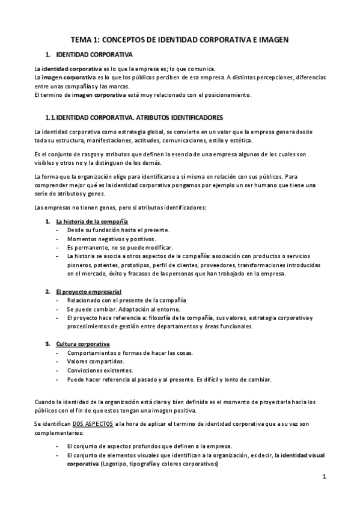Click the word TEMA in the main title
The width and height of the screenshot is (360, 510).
(82, 38)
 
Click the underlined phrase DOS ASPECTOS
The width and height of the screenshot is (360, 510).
(92, 424)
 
